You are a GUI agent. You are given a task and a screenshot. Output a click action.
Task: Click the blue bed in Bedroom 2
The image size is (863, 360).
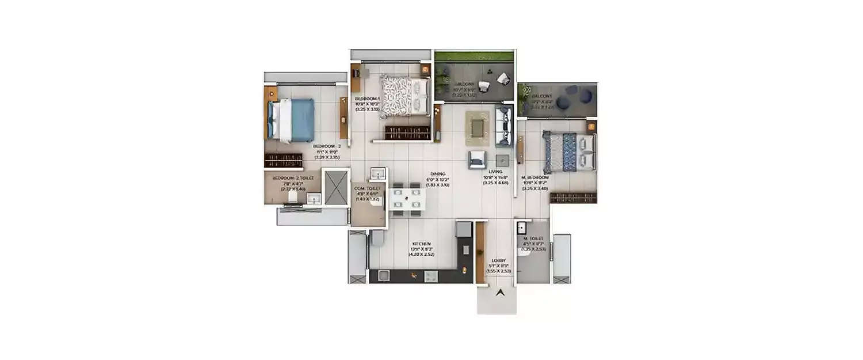coord(292,120)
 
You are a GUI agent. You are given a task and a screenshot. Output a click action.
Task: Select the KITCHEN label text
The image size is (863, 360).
coord(421,244)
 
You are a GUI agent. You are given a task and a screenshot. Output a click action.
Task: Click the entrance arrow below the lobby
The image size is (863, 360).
coord(500,293)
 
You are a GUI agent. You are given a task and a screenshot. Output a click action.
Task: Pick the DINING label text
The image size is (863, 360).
coord(437,173)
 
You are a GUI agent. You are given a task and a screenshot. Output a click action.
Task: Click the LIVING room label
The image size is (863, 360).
coord(495,172)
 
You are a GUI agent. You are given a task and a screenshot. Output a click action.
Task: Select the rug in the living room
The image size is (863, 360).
coord(477,127)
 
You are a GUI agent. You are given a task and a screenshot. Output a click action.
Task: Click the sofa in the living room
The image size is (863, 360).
coord(503,126)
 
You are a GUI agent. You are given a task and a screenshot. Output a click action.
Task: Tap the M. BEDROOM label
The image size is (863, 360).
coord(535,177)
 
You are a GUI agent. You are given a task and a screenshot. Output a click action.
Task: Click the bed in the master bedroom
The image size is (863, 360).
coord(568,151)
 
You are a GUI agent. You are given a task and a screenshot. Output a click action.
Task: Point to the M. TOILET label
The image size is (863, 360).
coord(533,238)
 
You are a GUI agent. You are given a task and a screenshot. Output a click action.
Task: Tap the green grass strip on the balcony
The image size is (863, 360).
coord(474,56)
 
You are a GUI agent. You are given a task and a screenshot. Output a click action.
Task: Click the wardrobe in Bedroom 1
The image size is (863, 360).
coord(407,132)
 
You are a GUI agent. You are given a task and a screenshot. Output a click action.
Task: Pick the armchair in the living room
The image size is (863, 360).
coord(477,160)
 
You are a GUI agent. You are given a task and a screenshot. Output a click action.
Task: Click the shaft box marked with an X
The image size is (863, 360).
coord(336,187)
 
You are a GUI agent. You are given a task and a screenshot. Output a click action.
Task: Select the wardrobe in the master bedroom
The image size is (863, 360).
coord(573,198)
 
